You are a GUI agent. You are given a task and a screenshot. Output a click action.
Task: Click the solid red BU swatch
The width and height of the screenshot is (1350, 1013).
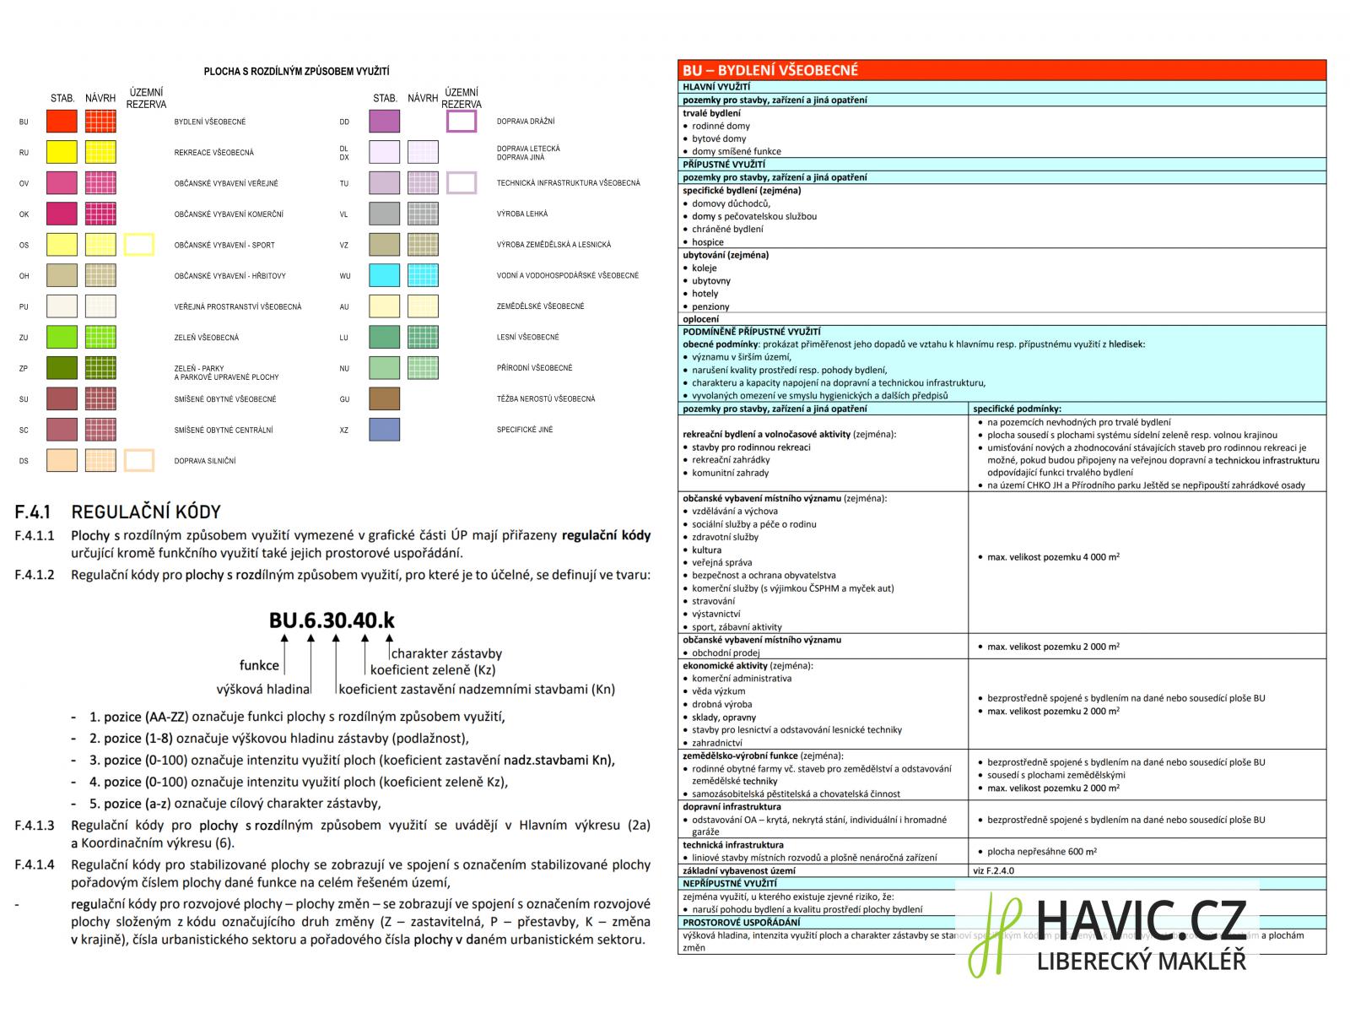point(62,122)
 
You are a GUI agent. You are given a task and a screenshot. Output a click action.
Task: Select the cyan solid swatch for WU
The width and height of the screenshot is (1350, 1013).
point(384,275)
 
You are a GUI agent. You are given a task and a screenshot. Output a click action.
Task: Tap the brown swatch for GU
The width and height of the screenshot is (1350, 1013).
point(384,398)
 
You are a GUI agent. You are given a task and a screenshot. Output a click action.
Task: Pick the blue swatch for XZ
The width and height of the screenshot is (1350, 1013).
point(384,430)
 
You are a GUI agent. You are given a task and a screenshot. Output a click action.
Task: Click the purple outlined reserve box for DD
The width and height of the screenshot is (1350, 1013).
point(462,122)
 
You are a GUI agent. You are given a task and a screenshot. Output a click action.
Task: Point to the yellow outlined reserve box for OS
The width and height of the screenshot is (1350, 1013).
point(139,245)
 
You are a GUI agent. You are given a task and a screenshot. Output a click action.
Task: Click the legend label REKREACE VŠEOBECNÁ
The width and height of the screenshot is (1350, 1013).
point(213,153)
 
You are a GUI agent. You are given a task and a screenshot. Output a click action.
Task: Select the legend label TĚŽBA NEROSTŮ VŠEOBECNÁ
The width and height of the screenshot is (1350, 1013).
point(545,398)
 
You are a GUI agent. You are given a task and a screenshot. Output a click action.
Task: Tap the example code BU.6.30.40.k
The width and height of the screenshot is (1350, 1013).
point(332,620)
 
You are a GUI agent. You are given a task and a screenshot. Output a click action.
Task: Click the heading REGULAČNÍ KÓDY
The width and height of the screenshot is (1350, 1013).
point(146,512)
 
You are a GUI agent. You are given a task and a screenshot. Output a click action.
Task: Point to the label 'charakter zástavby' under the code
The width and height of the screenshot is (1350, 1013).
point(446,653)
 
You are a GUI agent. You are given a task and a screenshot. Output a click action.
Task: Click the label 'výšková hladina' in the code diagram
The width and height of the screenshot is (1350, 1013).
point(263,690)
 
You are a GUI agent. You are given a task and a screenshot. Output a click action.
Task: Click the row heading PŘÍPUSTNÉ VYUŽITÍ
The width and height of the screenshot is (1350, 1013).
point(724,164)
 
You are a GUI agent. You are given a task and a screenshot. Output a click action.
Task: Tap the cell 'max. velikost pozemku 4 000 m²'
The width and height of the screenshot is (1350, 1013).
point(1053,557)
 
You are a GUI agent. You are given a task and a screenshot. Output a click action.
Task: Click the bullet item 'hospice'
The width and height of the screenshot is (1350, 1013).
point(708,242)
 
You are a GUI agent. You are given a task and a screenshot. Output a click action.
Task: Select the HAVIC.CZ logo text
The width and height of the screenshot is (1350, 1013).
point(1140,919)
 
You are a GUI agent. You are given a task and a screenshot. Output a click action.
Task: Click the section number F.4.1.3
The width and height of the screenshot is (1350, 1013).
point(35,826)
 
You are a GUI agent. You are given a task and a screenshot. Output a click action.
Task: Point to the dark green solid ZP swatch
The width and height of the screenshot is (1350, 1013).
point(62,368)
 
